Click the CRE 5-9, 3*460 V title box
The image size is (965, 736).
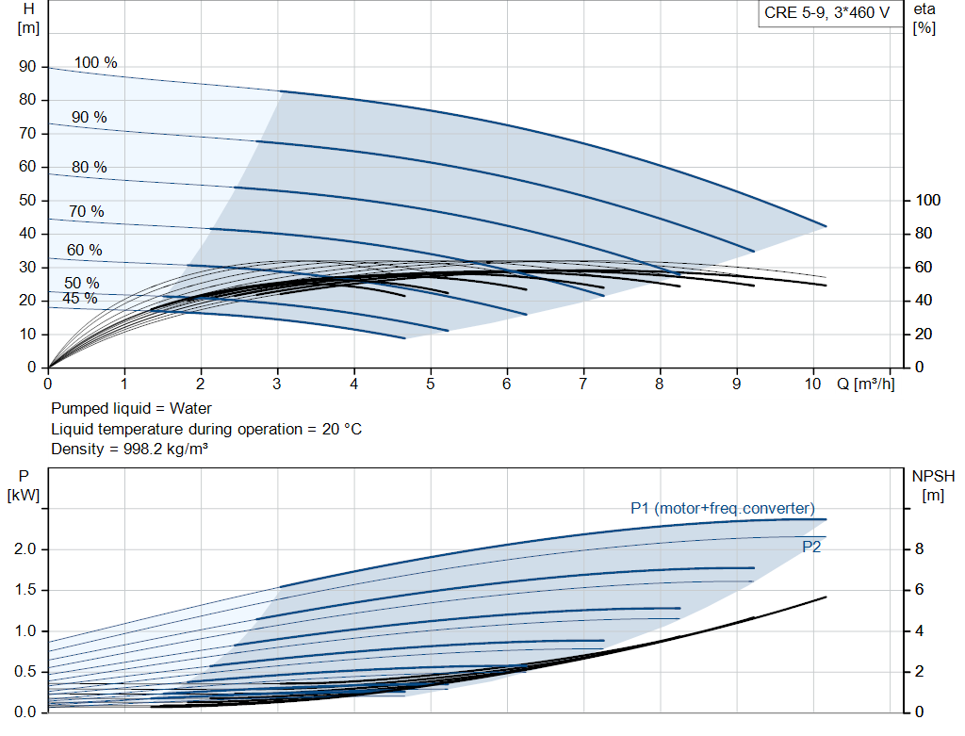pyautogui.click(x=825, y=14)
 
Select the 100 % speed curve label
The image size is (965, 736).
pyautogui.click(x=96, y=63)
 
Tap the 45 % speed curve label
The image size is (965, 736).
pyautogui.click(x=79, y=299)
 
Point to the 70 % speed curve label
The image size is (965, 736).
pyautogui.click(x=86, y=212)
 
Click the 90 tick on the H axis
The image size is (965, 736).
pyautogui.click(x=27, y=67)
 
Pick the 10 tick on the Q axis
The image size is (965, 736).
pyautogui.click(x=812, y=384)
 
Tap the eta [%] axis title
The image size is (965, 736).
pyautogui.click(x=924, y=18)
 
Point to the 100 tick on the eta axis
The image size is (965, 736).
pyautogui.click(x=928, y=201)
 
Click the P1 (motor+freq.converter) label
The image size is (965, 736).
pyautogui.click(x=723, y=509)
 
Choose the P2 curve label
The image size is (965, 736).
pyautogui.click(x=811, y=547)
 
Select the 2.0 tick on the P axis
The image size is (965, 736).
pyautogui.click(x=25, y=549)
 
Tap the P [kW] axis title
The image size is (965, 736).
pyautogui.click(x=24, y=485)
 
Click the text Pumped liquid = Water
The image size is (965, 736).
pyautogui.click(x=132, y=409)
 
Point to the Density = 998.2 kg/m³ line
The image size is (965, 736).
pyautogui.click(x=130, y=449)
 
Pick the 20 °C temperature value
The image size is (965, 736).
pyautogui.click(x=338, y=429)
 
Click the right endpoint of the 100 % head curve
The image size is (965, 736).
pyautogui.click(x=826, y=226)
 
